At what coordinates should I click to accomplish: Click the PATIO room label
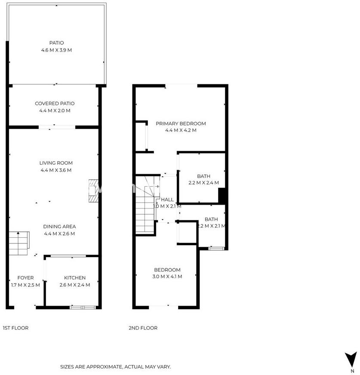[x=56, y=43]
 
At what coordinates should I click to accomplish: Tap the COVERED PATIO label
[x=55, y=104]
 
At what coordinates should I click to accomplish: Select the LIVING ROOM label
[x=56, y=163]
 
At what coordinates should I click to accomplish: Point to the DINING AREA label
[x=59, y=227]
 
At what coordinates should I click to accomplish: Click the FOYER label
[x=26, y=278]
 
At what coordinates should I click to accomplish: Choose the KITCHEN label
[x=75, y=278]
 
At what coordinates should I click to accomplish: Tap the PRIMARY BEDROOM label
[x=181, y=124]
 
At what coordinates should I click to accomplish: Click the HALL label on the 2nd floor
[x=167, y=200]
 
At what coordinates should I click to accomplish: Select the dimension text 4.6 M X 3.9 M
[x=56, y=50]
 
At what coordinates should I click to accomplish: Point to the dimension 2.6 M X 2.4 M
[x=75, y=285]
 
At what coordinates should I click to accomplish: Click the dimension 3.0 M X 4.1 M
[x=167, y=277]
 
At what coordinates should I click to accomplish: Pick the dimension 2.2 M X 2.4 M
[x=203, y=183]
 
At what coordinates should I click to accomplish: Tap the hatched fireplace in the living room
[x=93, y=191]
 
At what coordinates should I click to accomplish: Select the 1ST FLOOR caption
[x=15, y=328]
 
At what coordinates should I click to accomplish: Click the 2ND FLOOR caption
[x=143, y=328]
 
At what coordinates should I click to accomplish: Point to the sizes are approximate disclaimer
[x=116, y=367]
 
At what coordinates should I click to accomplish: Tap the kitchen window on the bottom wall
[x=83, y=307]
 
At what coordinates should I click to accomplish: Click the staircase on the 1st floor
[x=19, y=243]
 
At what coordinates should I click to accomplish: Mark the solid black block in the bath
[x=222, y=196]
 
